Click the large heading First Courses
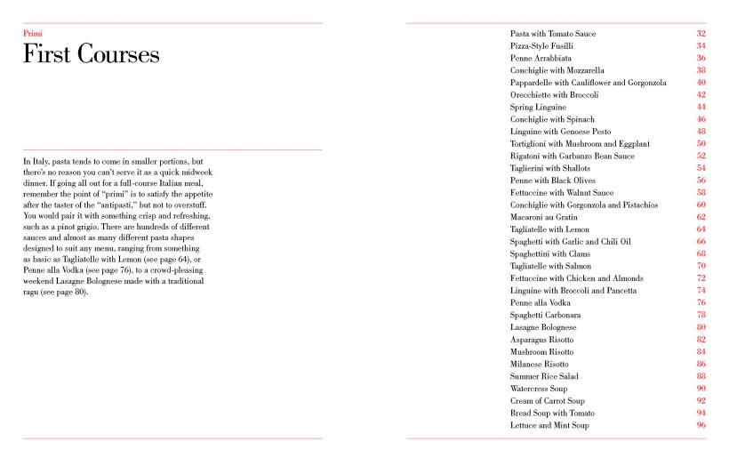(x=91, y=55)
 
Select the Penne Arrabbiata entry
(x=541, y=58)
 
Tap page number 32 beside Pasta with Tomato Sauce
(x=701, y=34)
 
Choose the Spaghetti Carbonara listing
(x=546, y=315)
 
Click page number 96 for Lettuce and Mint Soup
(x=701, y=425)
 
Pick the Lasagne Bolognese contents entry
(x=543, y=327)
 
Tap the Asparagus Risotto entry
(x=541, y=340)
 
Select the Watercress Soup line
(x=540, y=389)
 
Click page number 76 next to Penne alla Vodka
(x=701, y=302)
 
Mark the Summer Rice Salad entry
(x=543, y=376)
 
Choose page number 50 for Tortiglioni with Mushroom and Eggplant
(x=701, y=143)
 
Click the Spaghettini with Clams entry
(x=549, y=253)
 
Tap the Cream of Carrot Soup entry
(x=546, y=401)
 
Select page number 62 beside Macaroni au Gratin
(x=701, y=217)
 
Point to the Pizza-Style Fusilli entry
(x=541, y=45)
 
